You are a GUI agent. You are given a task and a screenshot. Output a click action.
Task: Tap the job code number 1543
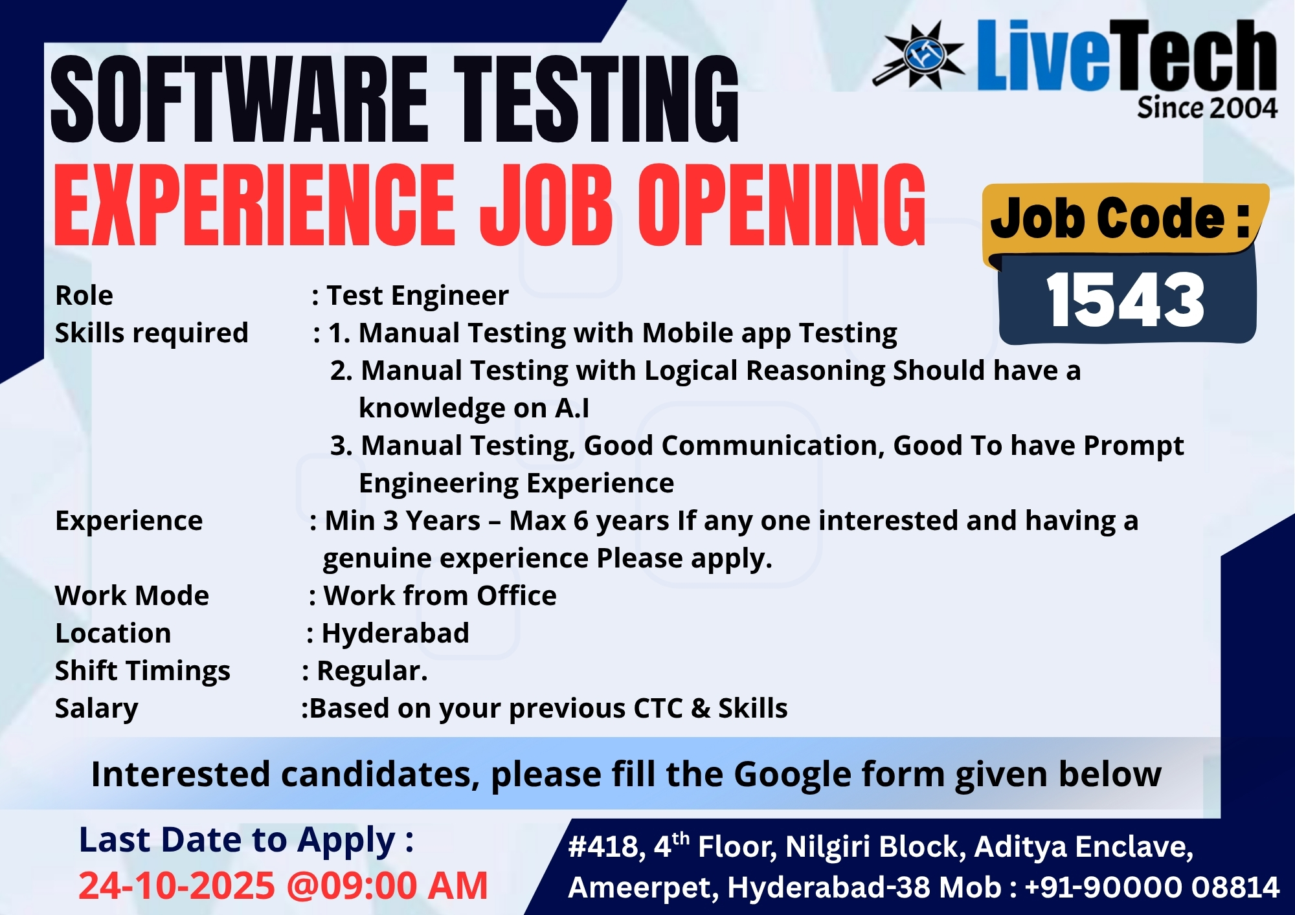[x=1125, y=300]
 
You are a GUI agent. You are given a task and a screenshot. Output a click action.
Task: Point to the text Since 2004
[x=1207, y=107]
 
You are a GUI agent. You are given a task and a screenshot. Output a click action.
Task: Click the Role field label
[x=84, y=296]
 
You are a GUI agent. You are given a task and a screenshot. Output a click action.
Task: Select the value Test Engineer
[x=418, y=296]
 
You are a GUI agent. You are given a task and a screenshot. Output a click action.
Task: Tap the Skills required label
[x=152, y=333]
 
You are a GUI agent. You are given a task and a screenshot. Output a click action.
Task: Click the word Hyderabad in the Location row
[x=395, y=634]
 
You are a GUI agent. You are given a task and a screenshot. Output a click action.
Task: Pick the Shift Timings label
[x=142, y=671]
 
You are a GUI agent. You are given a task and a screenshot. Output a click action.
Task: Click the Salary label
[x=96, y=709]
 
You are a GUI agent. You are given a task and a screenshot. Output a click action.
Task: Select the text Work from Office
[x=440, y=596]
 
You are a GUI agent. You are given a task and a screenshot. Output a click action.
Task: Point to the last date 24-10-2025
[x=177, y=886]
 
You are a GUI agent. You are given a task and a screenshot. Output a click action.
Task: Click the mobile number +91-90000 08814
[x=1152, y=887]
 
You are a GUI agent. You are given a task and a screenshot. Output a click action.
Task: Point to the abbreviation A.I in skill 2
[x=572, y=408]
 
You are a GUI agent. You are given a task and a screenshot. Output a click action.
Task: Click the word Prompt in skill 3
[x=1134, y=446]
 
